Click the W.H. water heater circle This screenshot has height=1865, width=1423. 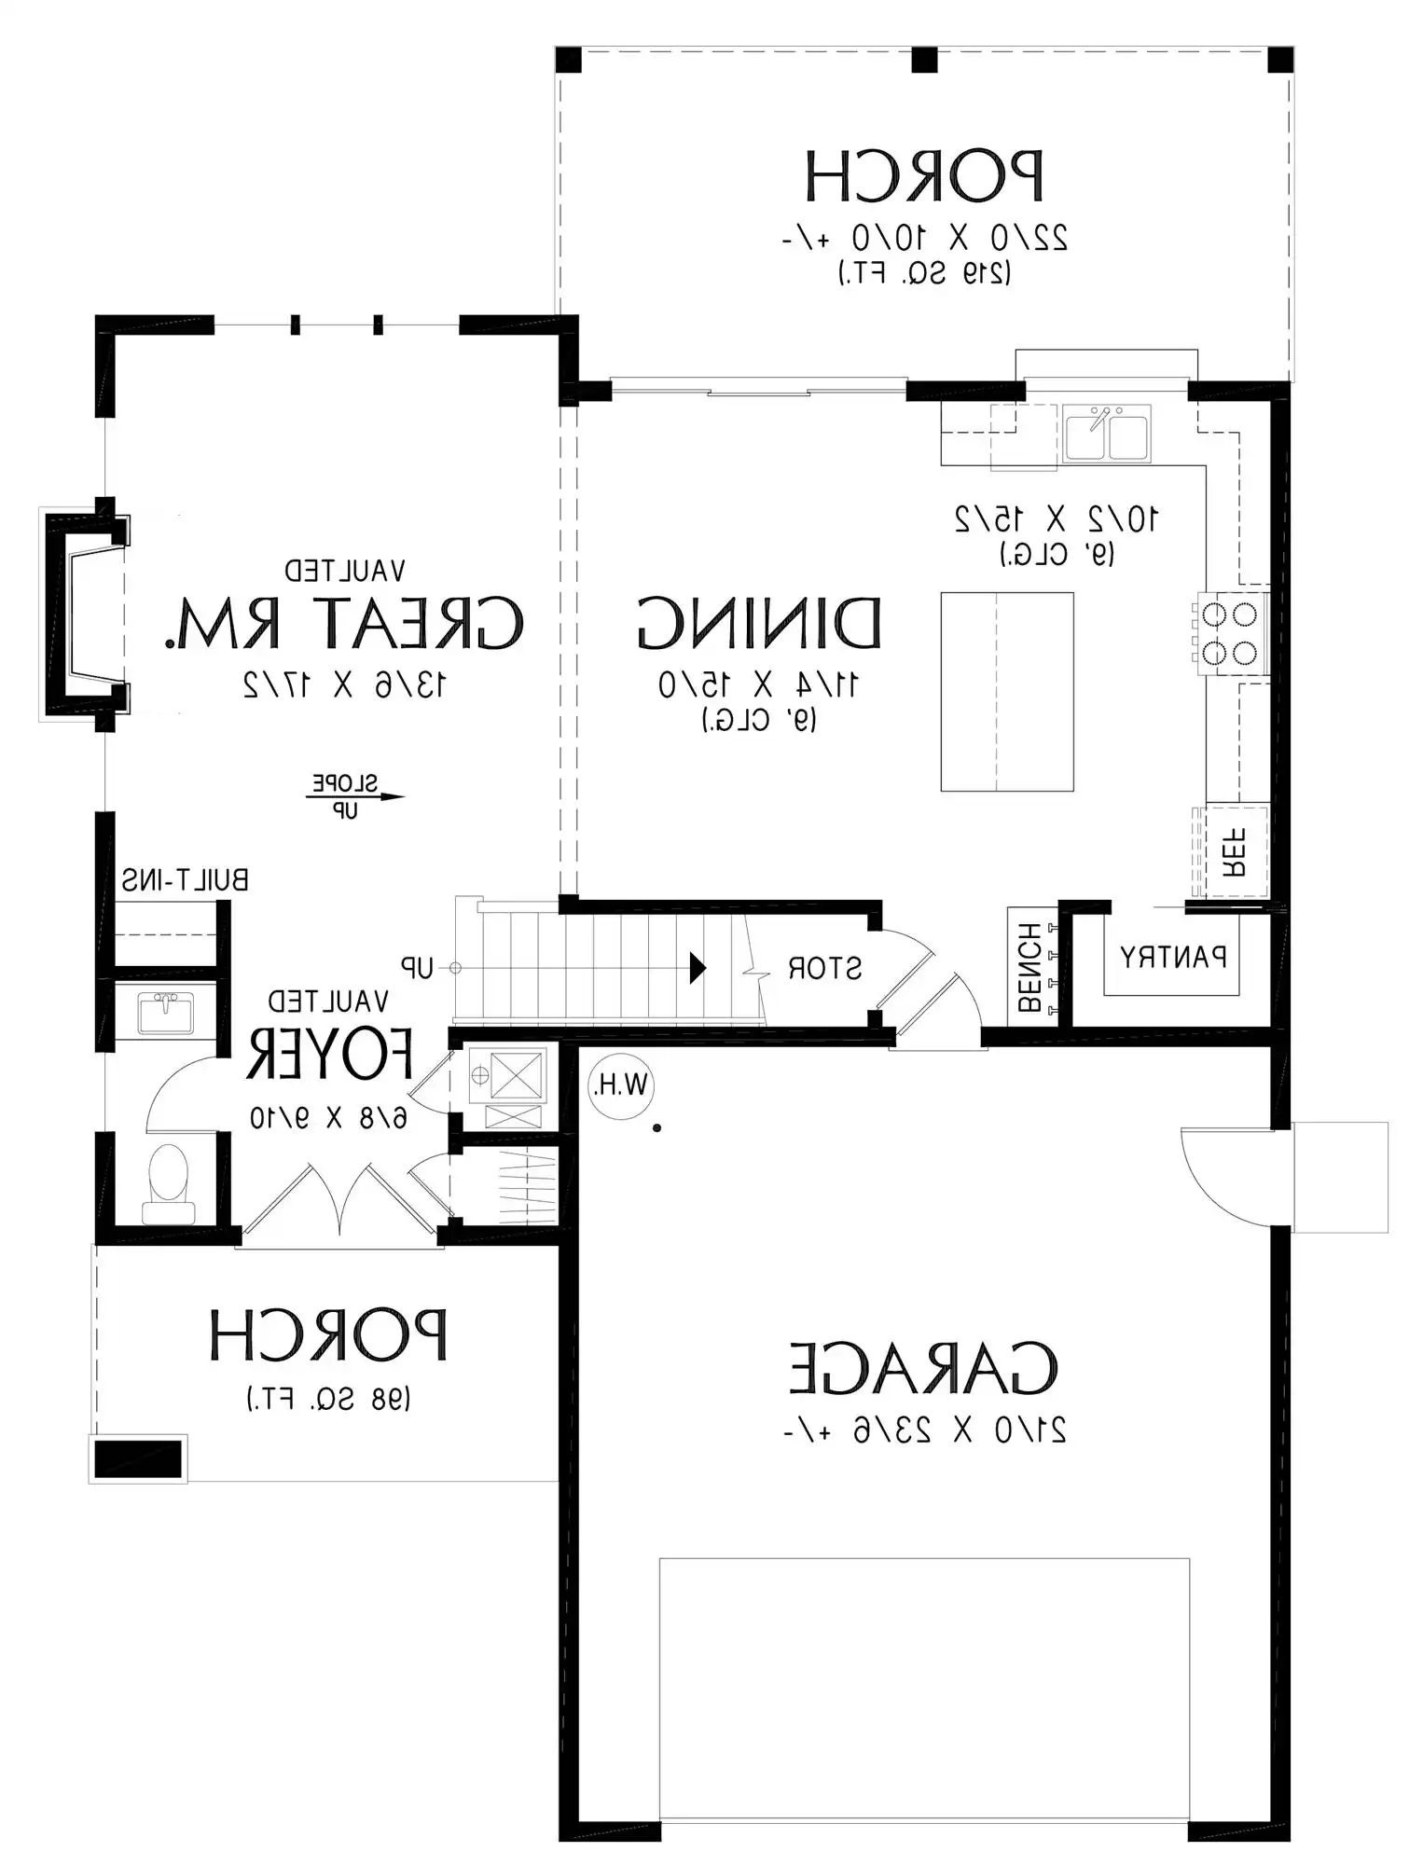(x=621, y=1085)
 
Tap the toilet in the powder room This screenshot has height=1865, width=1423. (x=169, y=1184)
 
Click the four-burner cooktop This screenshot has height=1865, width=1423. (x=1229, y=632)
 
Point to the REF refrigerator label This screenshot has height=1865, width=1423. (x=1234, y=852)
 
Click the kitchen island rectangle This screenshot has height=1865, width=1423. (x=1007, y=692)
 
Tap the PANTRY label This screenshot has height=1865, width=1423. (x=1173, y=957)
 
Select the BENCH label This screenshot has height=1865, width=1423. (x=1029, y=967)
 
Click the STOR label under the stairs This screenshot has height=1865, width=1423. (x=824, y=968)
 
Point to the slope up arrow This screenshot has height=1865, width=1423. (x=355, y=796)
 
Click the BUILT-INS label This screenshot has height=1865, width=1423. (x=186, y=880)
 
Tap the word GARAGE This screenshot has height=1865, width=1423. (x=924, y=1368)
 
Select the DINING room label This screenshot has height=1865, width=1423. (x=759, y=622)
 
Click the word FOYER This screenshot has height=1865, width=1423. (x=329, y=1054)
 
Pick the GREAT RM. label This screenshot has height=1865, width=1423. (x=344, y=622)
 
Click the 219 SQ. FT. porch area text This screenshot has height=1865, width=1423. (x=924, y=273)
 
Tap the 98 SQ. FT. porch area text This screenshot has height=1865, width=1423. (x=329, y=1399)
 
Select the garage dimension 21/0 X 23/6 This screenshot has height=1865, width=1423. (x=924, y=1430)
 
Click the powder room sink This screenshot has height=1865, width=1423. (x=166, y=1013)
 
